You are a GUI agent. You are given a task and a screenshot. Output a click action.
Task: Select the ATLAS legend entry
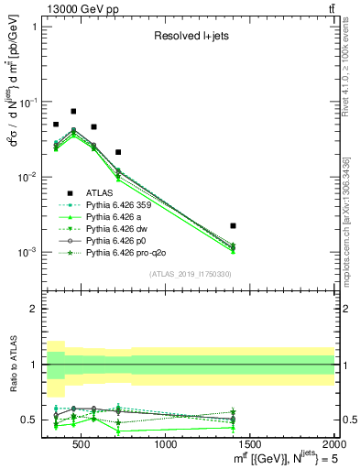pyautogui.click(x=99, y=193)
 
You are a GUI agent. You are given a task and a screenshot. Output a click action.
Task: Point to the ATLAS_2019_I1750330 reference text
pyautogui.click(x=191, y=274)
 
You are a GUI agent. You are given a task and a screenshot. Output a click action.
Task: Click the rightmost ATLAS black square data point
pyautogui.click(x=234, y=225)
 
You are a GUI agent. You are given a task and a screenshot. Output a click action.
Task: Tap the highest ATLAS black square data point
pyautogui.click(x=73, y=111)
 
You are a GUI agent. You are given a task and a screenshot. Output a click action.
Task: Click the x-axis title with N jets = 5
pyautogui.click(x=275, y=459)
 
